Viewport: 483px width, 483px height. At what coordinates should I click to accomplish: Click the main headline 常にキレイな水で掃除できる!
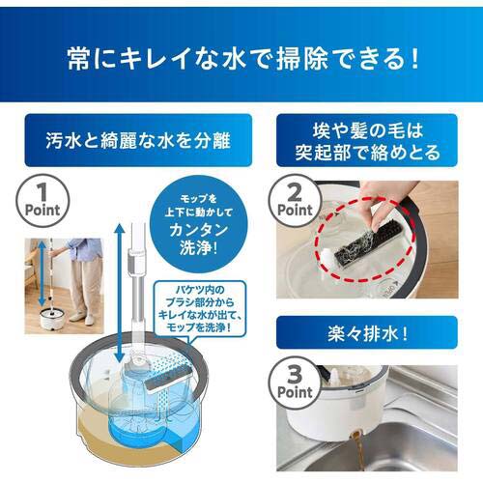click(243, 58)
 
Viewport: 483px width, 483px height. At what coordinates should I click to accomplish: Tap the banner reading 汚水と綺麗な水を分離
click(138, 140)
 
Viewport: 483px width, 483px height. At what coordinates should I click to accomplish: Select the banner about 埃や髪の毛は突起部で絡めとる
click(367, 140)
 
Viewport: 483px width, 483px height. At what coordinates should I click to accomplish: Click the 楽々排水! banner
click(367, 333)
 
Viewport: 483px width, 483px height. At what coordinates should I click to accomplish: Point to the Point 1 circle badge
click(43, 201)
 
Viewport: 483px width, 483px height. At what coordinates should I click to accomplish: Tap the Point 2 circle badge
click(295, 201)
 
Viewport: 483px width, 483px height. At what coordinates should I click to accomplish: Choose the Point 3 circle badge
click(295, 384)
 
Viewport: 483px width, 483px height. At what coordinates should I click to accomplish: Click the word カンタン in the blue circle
click(199, 230)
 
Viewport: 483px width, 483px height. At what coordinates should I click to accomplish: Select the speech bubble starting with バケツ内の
click(200, 309)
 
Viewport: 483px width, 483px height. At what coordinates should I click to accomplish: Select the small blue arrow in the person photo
click(42, 273)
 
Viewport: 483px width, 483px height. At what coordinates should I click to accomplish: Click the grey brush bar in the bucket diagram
click(168, 382)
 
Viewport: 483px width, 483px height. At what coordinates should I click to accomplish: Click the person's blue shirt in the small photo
click(84, 248)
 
